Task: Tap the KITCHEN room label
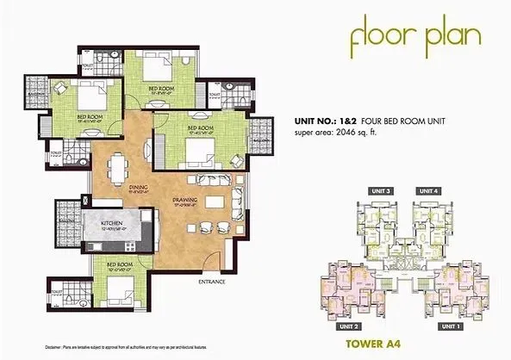coord(115,223)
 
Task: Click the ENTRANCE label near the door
coord(212,282)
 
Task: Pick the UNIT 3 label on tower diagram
coord(382,190)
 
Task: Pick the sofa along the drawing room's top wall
coord(218,182)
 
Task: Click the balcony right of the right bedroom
coord(258,133)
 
